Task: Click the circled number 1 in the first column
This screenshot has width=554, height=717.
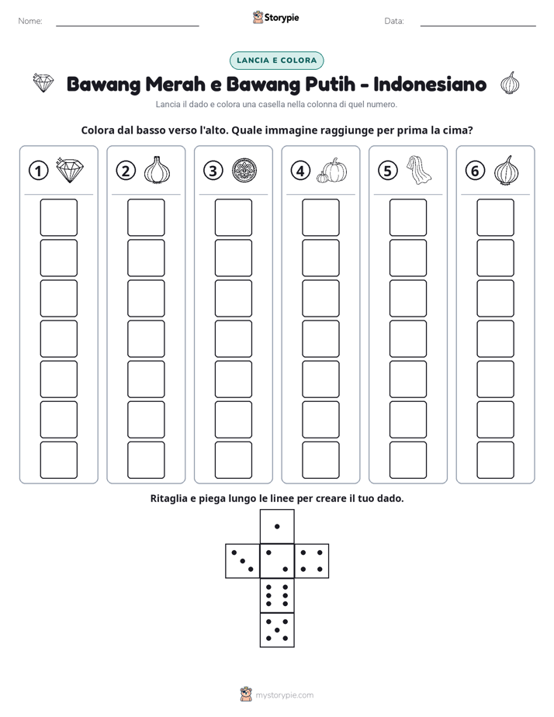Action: pyautogui.click(x=38, y=171)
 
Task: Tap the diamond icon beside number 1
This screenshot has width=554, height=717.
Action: pyautogui.click(x=70, y=170)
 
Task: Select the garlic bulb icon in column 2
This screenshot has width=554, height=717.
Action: pyautogui.click(x=157, y=170)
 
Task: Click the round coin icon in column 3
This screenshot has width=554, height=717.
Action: pyautogui.click(x=244, y=171)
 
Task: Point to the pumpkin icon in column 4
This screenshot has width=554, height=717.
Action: pyautogui.click(x=332, y=171)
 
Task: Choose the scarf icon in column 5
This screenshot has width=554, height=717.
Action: pyautogui.click(x=419, y=170)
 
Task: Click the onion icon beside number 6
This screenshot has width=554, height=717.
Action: pyautogui.click(x=507, y=170)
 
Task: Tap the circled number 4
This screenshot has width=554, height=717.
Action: pyautogui.click(x=300, y=171)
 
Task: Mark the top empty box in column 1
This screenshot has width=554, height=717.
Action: pyautogui.click(x=58, y=217)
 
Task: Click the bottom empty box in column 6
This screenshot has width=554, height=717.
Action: pyautogui.click(x=495, y=460)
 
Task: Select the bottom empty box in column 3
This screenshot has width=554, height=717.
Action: pyautogui.click(x=233, y=460)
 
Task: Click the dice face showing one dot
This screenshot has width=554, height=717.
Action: pyautogui.click(x=277, y=526)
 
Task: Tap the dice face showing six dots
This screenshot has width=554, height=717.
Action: pyautogui.click(x=277, y=595)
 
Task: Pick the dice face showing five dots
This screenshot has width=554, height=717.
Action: pyautogui.click(x=277, y=629)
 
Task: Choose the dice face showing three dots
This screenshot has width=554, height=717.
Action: pyautogui.click(x=243, y=560)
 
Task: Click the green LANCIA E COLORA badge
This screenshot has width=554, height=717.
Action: pyautogui.click(x=276, y=61)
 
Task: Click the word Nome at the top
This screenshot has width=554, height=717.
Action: pyautogui.click(x=30, y=21)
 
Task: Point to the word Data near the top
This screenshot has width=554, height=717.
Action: pyautogui.click(x=394, y=21)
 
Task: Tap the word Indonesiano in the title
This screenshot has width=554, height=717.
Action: pyautogui.click(x=430, y=84)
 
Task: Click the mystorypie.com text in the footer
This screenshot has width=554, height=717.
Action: pyautogui.click(x=284, y=695)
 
